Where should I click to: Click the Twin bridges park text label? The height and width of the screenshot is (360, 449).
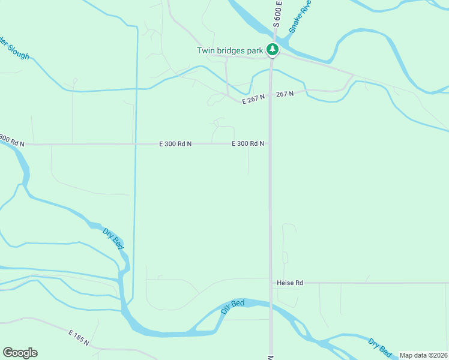tap(230, 50)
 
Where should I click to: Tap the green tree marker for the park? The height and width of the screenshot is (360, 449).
tap(273, 50)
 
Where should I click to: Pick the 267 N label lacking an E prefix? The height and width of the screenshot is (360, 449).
tap(285, 94)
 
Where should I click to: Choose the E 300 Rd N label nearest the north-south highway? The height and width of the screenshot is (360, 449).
tap(248, 144)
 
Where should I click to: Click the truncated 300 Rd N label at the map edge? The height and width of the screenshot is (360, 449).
tap(12, 142)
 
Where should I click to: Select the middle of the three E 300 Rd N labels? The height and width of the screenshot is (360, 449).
tap(175, 144)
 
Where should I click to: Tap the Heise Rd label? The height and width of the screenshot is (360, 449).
tap(290, 283)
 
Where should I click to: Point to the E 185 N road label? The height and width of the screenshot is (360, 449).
tap(79, 337)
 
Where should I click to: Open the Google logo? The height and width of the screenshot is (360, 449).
tap(20, 353)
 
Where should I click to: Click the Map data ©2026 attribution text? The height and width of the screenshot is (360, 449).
tap(424, 355)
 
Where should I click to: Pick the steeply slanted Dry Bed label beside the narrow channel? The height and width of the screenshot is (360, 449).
tap(113, 238)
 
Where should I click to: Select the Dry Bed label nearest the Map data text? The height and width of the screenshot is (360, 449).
tap(380, 346)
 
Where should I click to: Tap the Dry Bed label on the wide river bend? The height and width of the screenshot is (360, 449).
tap(233, 307)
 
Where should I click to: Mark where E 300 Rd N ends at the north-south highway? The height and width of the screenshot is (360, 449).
tap(270, 144)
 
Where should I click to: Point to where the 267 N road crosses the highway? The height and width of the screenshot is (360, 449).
tap(271, 96)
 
